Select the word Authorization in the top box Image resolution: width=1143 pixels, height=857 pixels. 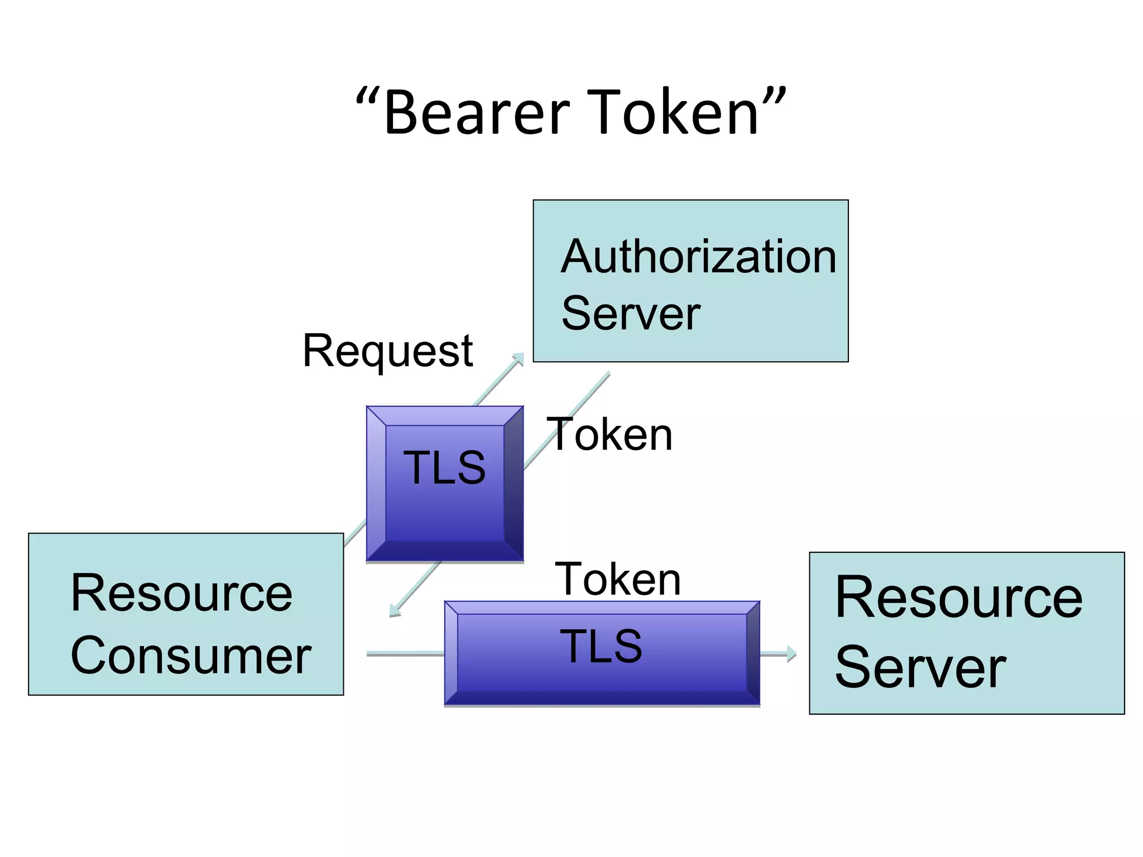click(x=698, y=256)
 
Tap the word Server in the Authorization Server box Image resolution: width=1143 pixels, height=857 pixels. click(x=631, y=314)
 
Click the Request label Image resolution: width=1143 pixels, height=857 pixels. click(x=388, y=351)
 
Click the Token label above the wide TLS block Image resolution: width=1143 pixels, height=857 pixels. click(x=618, y=579)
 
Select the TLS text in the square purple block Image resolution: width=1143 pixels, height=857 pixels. click(x=444, y=468)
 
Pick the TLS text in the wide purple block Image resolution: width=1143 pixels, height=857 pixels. click(x=601, y=646)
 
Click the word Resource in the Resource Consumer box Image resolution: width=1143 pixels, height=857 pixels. click(x=181, y=594)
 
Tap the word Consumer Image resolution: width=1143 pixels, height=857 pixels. click(x=191, y=656)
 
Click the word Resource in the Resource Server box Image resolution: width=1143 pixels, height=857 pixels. click(x=958, y=598)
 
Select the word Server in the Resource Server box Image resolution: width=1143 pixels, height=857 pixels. click(x=920, y=667)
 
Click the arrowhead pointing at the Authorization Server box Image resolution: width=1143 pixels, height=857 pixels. click(x=519, y=358)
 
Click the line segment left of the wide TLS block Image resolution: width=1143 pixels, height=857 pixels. click(x=405, y=654)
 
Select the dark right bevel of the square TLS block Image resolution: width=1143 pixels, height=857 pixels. click(x=513, y=483)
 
